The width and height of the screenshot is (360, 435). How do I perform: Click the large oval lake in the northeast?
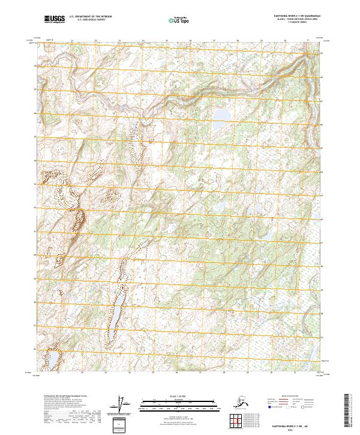pyautogui.click(x=222, y=114)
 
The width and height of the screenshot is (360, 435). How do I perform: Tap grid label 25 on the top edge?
pyautogui.click(x=167, y=41)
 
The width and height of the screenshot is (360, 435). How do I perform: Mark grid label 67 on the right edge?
pyautogui.click(x=321, y=101)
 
